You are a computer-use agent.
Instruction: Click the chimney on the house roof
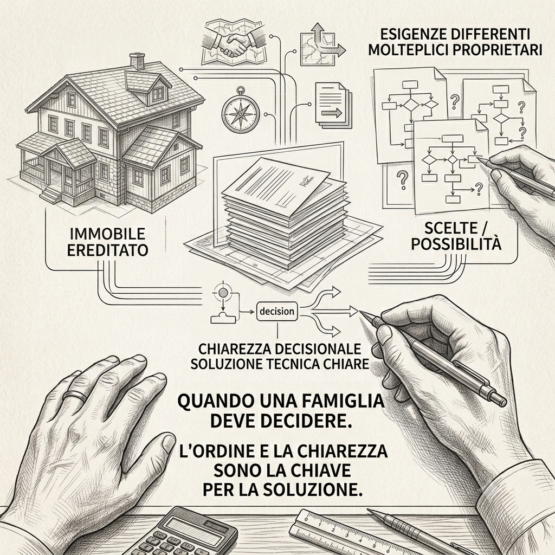(137, 61)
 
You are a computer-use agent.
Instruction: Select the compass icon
(241, 111)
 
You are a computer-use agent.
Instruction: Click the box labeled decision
(277, 312)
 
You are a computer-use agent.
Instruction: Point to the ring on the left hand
(75, 395)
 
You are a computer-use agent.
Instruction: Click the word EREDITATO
(107, 250)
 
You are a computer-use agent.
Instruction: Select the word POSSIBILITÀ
(456, 244)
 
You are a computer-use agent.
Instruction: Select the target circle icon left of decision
(223, 292)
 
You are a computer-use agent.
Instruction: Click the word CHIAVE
(325, 470)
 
